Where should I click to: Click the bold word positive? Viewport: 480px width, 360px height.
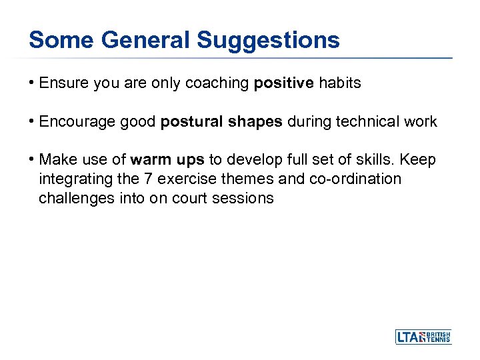pyautogui.click(x=283, y=83)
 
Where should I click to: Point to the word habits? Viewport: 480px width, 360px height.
pyautogui.click(x=339, y=83)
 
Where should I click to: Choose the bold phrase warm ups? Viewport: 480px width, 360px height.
pyautogui.click(x=167, y=161)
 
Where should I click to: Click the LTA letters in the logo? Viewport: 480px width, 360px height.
pyautogui.click(x=409, y=337)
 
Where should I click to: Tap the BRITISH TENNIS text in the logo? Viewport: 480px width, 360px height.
pyautogui.click(x=439, y=337)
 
